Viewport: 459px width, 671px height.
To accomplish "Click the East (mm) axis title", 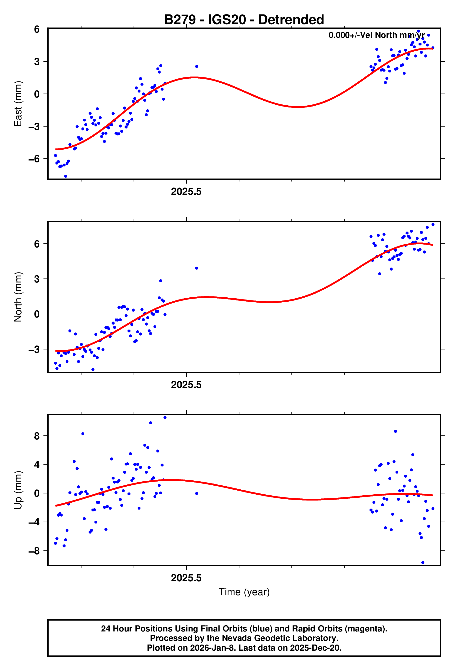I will point(18,104).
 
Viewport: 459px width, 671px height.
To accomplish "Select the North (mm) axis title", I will point(18,297).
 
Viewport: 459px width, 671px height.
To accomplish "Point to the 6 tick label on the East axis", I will point(37,29).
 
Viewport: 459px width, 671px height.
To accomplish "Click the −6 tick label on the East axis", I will point(34,159).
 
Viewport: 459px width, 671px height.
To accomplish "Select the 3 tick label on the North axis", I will point(37,279).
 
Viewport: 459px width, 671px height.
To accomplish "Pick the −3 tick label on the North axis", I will point(34,349).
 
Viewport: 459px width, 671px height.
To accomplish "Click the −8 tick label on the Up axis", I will point(34,551).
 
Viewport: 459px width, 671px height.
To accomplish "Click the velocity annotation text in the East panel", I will point(376,35).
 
